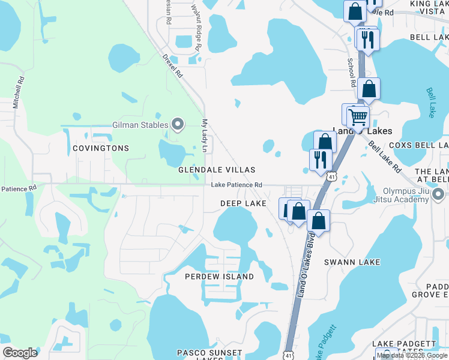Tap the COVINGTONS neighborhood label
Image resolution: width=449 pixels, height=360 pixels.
coord(101,148)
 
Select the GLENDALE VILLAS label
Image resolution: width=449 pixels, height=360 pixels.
coord(217,170)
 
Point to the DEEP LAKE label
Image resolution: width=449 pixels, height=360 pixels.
coord(243,204)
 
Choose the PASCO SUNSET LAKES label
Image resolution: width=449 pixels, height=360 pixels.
coord(209,353)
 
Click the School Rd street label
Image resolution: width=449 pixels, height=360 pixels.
coord(352,70)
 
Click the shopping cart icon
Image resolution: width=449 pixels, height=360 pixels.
coord(358,116)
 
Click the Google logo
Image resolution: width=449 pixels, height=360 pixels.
coord(20,353)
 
